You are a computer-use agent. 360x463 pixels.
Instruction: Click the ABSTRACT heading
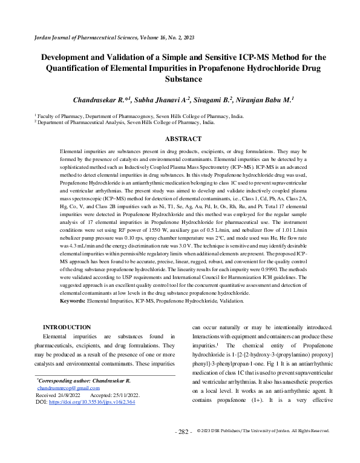tap(180, 139)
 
